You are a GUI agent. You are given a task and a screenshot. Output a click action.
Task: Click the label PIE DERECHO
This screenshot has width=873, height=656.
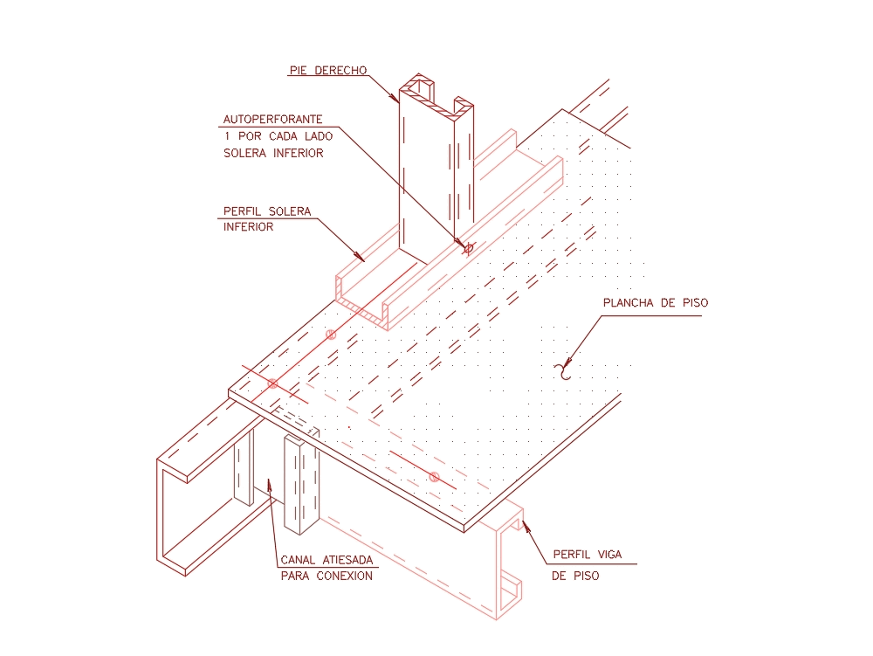click(327, 71)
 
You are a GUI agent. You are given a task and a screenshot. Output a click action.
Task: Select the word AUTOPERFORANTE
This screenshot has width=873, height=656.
click(273, 119)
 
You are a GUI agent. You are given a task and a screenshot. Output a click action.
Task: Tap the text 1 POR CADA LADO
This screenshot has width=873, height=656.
click(273, 136)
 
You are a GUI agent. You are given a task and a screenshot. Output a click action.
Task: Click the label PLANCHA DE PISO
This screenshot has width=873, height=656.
click(656, 303)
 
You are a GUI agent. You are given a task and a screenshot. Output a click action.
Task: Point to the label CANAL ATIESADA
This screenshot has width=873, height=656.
click(327, 560)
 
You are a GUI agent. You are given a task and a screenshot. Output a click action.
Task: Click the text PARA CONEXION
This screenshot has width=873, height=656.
click(327, 576)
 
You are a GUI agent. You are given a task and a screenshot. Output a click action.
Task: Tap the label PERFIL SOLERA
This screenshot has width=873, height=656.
click(267, 211)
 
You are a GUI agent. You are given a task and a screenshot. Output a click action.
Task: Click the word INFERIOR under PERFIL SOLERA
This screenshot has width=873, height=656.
click(249, 227)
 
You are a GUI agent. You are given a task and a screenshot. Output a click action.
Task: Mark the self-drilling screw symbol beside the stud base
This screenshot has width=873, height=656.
click(468, 249)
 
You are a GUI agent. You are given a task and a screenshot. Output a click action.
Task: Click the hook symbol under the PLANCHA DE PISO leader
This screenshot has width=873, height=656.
click(565, 370)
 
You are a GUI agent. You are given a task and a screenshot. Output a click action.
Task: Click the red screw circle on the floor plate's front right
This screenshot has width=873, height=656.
click(434, 476)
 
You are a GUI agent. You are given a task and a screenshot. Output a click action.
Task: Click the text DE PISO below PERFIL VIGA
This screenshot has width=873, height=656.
click(575, 577)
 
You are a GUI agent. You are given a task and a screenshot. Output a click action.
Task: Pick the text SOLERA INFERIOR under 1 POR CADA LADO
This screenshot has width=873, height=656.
click(273, 154)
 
